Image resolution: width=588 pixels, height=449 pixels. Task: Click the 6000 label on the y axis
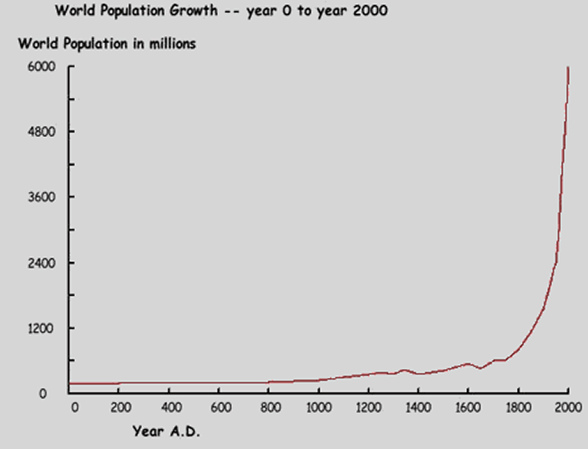click(x=41, y=66)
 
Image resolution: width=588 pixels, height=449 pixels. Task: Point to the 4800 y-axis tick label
click(x=41, y=131)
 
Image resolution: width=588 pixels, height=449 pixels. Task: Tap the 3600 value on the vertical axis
click(x=41, y=197)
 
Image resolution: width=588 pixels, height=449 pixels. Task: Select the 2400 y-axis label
click(x=41, y=263)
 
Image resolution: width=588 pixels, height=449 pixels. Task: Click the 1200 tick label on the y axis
click(x=41, y=328)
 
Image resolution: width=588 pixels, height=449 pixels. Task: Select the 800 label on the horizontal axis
click(x=269, y=407)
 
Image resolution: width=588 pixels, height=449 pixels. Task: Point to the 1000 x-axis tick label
click(x=319, y=407)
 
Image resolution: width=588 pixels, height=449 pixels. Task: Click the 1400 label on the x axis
click(x=419, y=407)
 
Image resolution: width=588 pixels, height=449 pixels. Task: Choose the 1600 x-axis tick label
click(x=469, y=407)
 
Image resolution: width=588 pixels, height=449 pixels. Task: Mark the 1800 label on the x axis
click(x=519, y=407)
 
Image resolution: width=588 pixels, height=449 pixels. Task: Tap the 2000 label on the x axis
click(x=567, y=407)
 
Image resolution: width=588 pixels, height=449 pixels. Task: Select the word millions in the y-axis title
click(x=168, y=44)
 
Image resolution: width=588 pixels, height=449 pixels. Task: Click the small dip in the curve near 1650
click(x=481, y=368)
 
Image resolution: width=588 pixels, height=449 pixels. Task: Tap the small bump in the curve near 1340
click(x=403, y=370)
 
